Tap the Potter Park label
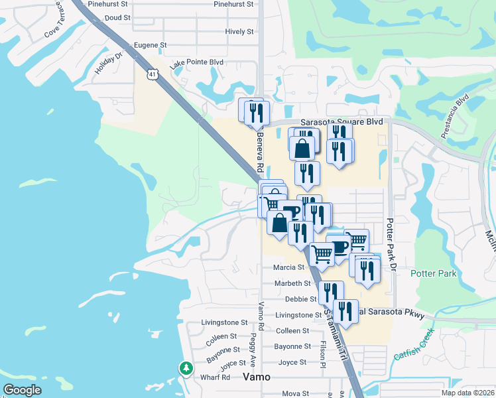[x=434, y=273]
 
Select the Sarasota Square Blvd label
[x=342, y=122]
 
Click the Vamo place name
[x=257, y=376]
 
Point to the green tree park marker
[x=187, y=367]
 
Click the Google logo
[x=22, y=390]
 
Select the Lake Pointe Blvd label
[x=196, y=63]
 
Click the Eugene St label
[x=150, y=45]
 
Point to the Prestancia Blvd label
[x=455, y=116]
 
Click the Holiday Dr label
[x=109, y=64]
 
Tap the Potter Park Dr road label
[x=391, y=245]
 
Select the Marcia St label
[x=288, y=267]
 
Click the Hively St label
[x=239, y=31]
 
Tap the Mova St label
[x=296, y=393]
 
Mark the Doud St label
[x=117, y=18]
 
